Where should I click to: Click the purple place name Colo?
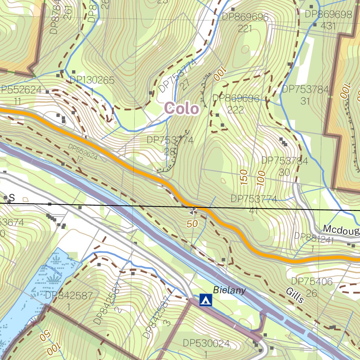click(182, 109)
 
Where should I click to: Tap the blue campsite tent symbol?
click(206, 300)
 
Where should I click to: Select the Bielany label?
click(229, 290)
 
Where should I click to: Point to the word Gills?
click(295, 295)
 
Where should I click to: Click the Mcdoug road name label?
click(341, 230)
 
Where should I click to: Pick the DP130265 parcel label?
click(92, 80)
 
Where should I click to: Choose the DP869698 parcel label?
click(328, 14)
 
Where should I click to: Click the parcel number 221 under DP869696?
click(245, 28)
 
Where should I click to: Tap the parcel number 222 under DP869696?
click(235, 110)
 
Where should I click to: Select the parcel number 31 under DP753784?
click(305, 101)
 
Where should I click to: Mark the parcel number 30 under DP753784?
click(284, 172)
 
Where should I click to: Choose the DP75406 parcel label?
click(312, 281)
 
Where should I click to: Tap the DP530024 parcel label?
click(206, 343)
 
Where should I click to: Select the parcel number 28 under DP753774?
click(170, 152)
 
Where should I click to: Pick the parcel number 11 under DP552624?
click(18, 102)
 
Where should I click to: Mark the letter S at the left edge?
click(12, 198)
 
